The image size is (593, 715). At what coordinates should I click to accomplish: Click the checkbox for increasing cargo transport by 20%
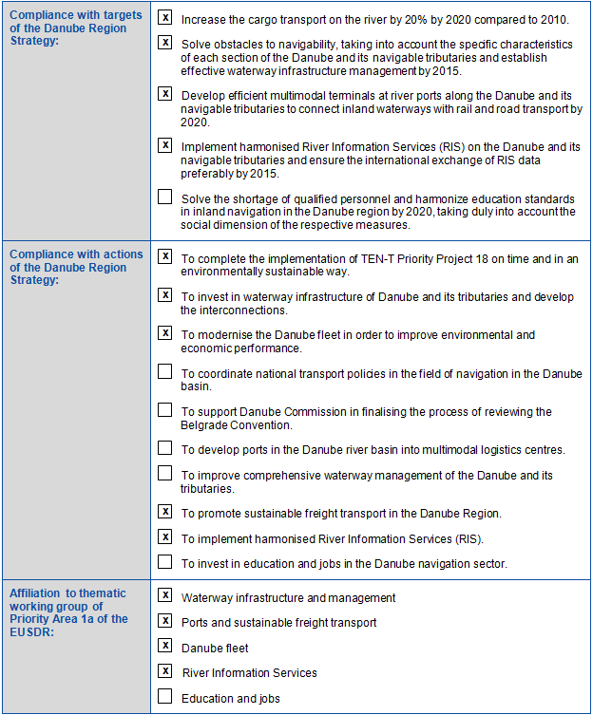165,18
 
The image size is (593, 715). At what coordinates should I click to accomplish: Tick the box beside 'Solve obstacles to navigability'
165,43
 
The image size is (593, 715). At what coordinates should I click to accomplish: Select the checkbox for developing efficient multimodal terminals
165,94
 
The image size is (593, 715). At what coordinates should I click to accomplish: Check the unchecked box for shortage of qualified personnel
165,198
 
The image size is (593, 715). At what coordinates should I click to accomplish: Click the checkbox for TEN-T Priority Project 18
165,256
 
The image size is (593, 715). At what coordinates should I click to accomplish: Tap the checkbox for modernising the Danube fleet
165,333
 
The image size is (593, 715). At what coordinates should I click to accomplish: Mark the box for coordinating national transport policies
165,371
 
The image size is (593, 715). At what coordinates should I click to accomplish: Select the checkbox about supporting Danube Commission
165,410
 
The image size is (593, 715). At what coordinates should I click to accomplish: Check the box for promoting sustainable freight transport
165,512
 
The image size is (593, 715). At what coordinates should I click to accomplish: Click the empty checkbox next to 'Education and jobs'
165,697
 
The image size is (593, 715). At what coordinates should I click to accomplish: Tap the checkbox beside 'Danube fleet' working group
165,647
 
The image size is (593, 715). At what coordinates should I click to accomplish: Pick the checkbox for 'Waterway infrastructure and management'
165,596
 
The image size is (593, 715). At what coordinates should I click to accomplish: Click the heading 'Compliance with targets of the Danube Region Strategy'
75,28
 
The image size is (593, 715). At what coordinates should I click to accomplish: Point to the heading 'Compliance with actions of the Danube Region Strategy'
75,268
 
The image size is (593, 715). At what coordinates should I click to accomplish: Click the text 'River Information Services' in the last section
250,673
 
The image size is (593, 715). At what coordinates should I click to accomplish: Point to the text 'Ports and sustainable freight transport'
278,623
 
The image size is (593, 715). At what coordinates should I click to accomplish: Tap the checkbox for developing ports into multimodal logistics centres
165,448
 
